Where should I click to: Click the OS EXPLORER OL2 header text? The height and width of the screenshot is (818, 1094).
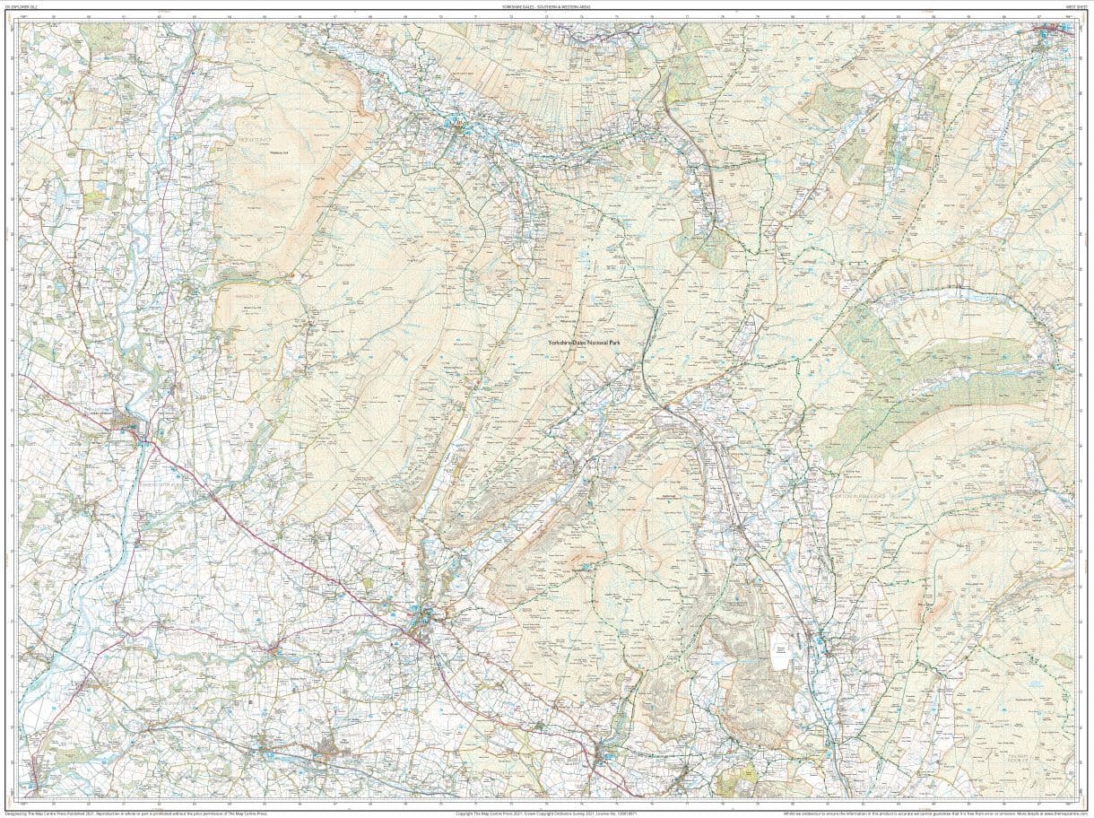click(x=22, y=5)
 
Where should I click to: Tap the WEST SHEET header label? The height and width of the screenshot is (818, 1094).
click(x=1070, y=5)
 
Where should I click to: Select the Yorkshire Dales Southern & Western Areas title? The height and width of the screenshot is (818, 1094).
click(x=546, y=5)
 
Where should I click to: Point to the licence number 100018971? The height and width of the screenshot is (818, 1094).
click(x=620, y=814)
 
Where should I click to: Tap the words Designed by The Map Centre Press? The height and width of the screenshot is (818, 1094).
click(x=36, y=814)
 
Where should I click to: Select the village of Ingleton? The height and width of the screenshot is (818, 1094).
click(x=422, y=620)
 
